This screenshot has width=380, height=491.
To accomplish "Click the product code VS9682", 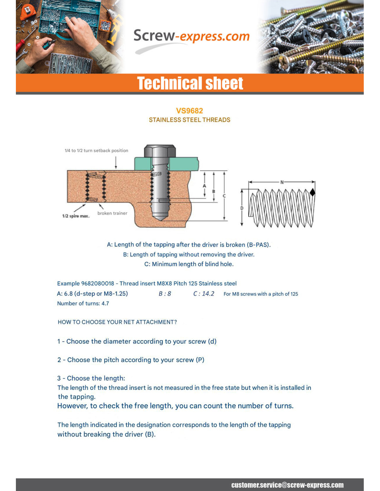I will pyautogui.click(x=189, y=111).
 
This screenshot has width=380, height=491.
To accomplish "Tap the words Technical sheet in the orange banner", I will pyautogui.click(x=190, y=84).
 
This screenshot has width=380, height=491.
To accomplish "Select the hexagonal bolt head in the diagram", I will pyautogui.click(x=160, y=151).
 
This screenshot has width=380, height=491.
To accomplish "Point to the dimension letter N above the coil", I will pyautogui.click(x=282, y=182).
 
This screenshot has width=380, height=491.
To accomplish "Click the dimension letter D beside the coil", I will pyautogui.click(x=242, y=208).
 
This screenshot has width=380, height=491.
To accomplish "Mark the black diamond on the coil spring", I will pyautogui.click(x=312, y=192).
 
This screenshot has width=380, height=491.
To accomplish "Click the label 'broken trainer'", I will pyautogui.click(x=112, y=213).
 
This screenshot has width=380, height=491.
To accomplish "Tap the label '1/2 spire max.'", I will pyautogui.click(x=76, y=216).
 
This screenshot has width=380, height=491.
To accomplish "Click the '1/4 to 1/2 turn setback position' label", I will pyautogui.click(x=96, y=151).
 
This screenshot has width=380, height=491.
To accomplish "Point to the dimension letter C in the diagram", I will pyautogui.click(x=224, y=196).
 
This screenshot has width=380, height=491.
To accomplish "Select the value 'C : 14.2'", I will pyautogui.click(x=203, y=294).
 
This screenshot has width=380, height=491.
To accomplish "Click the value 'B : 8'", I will pyautogui.click(x=165, y=294).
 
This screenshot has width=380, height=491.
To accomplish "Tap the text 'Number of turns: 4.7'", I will pyautogui.click(x=83, y=304).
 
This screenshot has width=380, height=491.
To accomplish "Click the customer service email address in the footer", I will pyautogui.click(x=287, y=485).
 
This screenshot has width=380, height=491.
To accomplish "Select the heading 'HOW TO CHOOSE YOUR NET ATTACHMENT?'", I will pyautogui.click(x=117, y=322).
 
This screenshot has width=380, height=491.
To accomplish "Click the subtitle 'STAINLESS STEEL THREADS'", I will pyautogui.click(x=189, y=120).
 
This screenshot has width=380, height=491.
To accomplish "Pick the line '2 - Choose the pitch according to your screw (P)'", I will pyautogui.click(x=131, y=360).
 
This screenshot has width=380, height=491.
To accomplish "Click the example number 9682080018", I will pyautogui.click(x=97, y=283).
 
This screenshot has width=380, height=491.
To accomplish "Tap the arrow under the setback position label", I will pyautogui.click(x=116, y=162).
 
